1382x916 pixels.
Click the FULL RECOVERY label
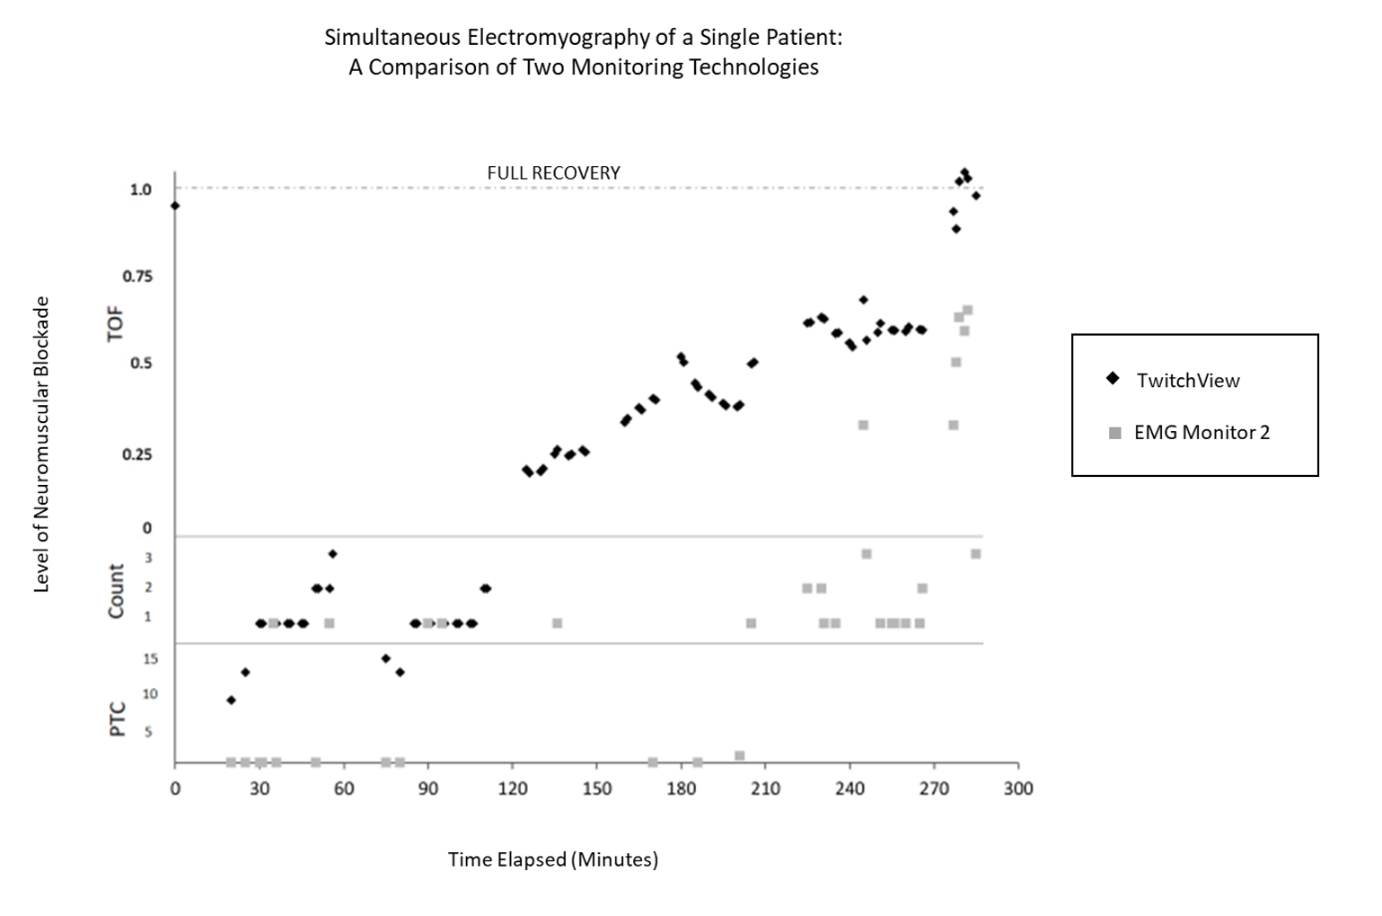553,173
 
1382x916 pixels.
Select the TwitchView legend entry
1187,380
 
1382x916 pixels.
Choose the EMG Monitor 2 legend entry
1201,432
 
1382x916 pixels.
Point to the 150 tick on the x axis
596,788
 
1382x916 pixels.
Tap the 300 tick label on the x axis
1017,788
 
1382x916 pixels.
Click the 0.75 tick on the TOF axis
137,277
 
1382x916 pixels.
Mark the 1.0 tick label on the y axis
141,189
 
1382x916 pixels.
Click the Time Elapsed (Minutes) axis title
553,859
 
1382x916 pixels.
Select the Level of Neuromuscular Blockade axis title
40,445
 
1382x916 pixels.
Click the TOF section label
115,324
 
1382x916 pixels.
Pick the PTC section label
117,720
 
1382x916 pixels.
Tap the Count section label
116,591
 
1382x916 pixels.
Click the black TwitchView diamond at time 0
175,206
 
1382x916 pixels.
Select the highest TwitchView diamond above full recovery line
964,172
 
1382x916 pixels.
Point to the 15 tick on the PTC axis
150,659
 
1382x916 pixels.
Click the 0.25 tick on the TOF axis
137,454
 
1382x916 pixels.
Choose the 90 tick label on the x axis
428,788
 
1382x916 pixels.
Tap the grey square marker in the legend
1114,433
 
